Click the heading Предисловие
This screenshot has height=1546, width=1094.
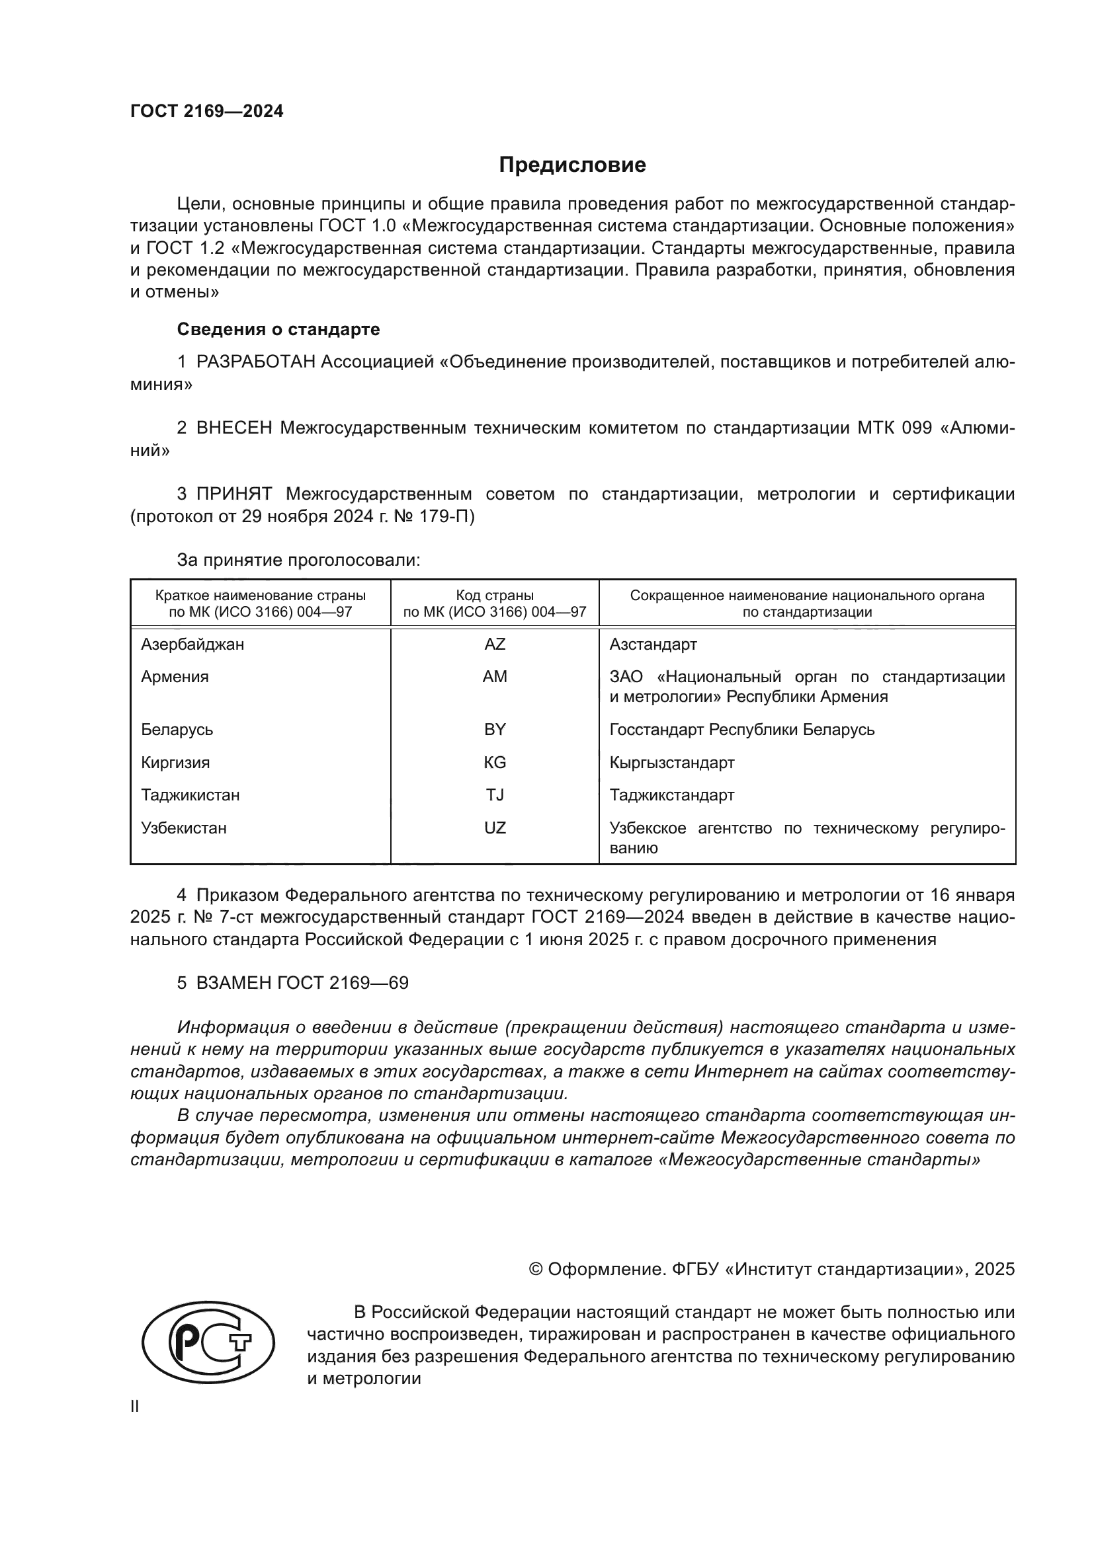pyautogui.click(x=572, y=165)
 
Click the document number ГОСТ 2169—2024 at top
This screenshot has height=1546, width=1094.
pyautogui.click(x=207, y=112)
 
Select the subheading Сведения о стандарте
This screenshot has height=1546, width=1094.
pyautogui.click(x=278, y=329)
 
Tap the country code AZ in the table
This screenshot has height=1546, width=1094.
pyautogui.click(x=495, y=644)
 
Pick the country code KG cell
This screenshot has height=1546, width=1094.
pyautogui.click(x=495, y=762)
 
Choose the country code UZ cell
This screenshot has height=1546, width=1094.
pyautogui.click(x=495, y=828)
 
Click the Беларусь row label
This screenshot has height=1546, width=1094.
pyautogui.click(x=177, y=729)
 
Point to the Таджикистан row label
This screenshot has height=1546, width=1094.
pyautogui.click(x=190, y=794)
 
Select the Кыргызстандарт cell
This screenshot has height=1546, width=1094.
pyautogui.click(x=671, y=762)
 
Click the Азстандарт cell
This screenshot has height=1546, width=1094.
pyautogui.click(x=653, y=644)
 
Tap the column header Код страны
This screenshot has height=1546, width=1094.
pyautogui.click(x=495, y=596)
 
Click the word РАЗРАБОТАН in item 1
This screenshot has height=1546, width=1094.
pyautogui.click(x=255, y=362)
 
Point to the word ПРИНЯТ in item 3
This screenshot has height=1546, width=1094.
pyautogui.click(x=233, y=494)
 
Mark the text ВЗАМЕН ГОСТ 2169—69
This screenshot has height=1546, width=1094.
pyautogui.click(x=302, y=982)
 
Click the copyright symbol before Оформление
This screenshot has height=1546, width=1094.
pyautogui.click(x=536, y=1270)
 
